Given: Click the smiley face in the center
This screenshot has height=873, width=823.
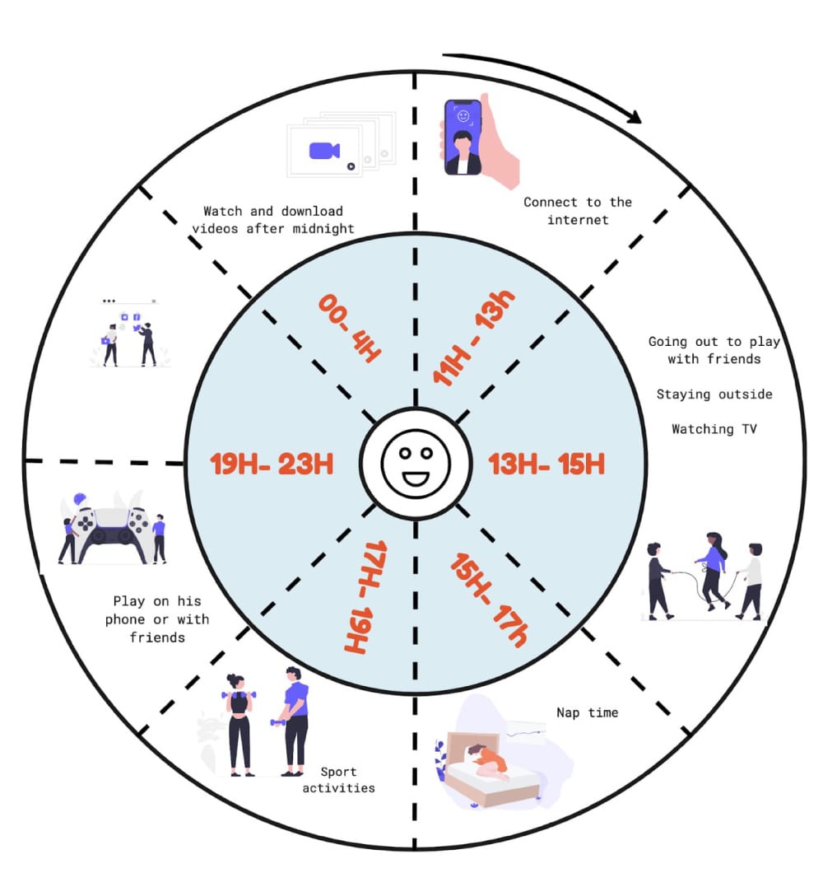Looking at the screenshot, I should [x=415, y=464].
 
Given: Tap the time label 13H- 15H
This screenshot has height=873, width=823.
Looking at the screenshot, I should [x=546, y=464].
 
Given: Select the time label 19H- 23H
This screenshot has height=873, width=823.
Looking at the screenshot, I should [x=272, y=464].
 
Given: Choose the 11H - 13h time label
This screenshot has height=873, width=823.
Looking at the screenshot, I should [x=472, y=339].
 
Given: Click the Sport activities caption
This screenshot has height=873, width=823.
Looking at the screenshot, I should [x=338, y=780].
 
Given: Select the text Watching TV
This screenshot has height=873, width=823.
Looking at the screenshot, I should [x=714, y=429].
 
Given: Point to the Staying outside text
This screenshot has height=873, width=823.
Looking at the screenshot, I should [x=714, y=394].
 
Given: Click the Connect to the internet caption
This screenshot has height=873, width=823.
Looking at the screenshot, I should [x=578, y=211].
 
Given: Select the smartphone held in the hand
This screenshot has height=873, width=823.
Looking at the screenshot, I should [x=463, y=138].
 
